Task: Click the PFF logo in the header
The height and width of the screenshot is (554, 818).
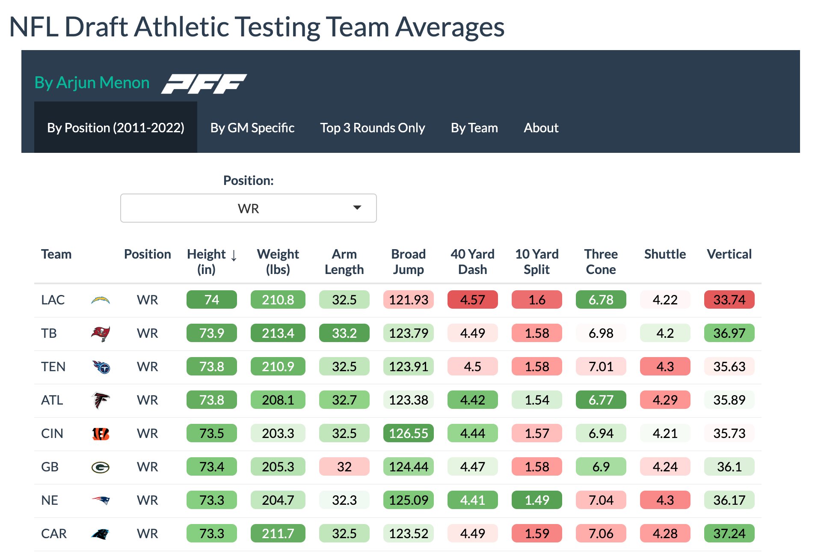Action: (x=204, y=83)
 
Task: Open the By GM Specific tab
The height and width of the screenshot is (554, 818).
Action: (x=252, y=128)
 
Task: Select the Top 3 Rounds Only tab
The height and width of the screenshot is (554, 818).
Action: (x=372, y=128)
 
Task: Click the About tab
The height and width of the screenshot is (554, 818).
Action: (x=541, y=128)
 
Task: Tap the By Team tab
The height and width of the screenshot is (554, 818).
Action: (x=474, y=128)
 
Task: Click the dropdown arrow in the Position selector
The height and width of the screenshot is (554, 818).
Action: (x=357, y=208)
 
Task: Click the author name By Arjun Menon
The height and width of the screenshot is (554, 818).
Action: (x=92, y=83)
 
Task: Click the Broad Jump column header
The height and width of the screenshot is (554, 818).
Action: (x=408, y=262)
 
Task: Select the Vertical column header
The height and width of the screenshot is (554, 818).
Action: (x=729, y=254)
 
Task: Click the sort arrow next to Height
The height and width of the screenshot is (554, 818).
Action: (x=234, y=256)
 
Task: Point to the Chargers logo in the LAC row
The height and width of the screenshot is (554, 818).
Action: (x=101, y=300)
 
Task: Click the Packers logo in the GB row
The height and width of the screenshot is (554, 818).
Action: (x=101, y=467)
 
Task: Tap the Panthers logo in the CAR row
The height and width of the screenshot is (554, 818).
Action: (x=101, y=534)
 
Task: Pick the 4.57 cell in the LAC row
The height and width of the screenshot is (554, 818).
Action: (x=472, y=300)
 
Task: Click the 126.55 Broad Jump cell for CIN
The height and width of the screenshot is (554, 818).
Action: (x=408, y=433)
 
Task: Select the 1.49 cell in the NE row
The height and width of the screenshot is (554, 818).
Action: (x=536, y=500)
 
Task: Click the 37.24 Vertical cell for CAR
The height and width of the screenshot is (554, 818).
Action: (x=729, y=533)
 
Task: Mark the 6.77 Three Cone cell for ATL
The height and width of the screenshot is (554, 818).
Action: (x=601, y=400)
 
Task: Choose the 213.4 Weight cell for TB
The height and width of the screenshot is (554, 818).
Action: (x=278, y=333)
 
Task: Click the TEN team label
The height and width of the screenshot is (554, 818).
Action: (x=53, y=367)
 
